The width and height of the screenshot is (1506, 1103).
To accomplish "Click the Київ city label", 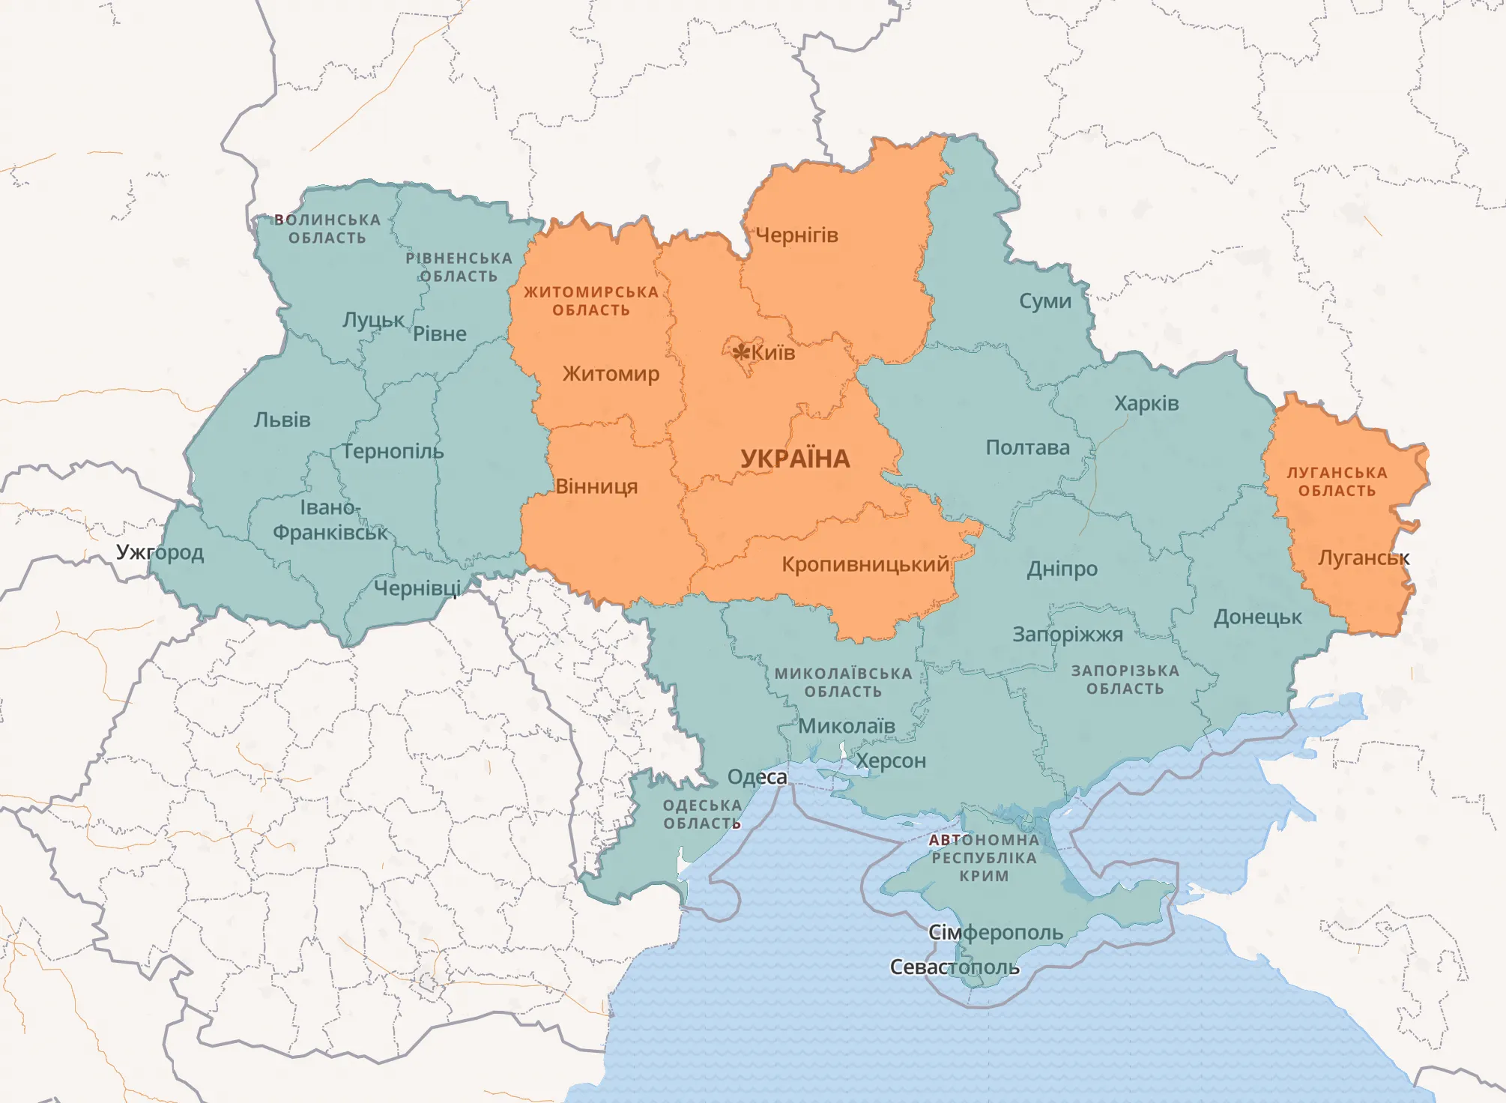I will [773, 353].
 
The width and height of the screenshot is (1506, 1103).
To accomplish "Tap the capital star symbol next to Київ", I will [741, 351].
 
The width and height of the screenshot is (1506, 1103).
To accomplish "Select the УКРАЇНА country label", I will [795, 459].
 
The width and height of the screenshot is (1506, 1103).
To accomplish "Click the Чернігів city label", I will [796, 235].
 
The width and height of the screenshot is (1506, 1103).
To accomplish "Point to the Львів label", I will [282, 420].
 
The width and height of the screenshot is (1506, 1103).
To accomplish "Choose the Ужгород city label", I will [160, 552].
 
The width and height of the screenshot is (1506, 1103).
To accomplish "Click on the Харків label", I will [1146, 403].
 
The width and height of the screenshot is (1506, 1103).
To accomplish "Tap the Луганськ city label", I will [1364, 557].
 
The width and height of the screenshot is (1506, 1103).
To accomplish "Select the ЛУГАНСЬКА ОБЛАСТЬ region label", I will [1337, 482].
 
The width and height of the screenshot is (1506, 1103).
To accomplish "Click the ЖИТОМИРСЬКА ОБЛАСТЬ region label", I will [590, 300].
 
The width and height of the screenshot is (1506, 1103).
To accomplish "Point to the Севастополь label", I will [954, 967].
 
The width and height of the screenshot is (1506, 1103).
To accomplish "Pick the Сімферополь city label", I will [995, 932].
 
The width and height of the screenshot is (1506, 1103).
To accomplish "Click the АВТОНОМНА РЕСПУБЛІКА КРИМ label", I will [984, 858].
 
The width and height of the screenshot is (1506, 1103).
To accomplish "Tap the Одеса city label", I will [757, 776].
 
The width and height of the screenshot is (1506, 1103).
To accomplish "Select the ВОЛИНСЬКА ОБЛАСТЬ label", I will [327, 229].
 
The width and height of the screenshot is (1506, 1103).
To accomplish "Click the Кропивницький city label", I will [865, 564].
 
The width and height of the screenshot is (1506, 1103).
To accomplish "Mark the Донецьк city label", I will [1257, 617].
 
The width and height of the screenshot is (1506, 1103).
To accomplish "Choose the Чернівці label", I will [417, 588].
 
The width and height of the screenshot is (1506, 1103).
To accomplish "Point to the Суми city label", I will [1044, 301].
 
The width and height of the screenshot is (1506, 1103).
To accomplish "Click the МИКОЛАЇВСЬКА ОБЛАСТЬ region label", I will [843, 682].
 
